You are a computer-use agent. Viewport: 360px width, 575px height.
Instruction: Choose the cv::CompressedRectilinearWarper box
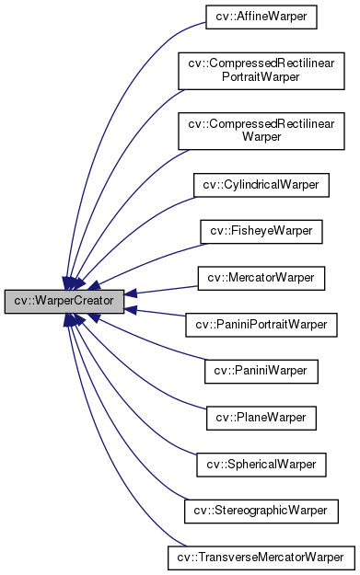261,130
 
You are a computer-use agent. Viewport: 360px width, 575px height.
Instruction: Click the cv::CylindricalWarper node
261,184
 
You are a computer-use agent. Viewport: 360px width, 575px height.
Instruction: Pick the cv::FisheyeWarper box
261,231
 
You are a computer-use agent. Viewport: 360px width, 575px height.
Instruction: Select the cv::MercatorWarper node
261,277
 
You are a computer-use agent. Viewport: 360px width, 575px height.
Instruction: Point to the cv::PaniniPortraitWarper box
261,324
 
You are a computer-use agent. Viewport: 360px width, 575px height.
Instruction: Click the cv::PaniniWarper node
261,371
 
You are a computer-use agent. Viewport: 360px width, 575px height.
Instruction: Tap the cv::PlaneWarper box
261,417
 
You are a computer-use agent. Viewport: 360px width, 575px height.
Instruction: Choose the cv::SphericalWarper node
261,464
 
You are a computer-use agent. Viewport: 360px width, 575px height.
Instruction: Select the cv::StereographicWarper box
261,510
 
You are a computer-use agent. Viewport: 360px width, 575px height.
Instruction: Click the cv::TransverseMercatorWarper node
261,557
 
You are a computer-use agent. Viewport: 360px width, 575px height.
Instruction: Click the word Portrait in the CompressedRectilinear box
261,78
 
